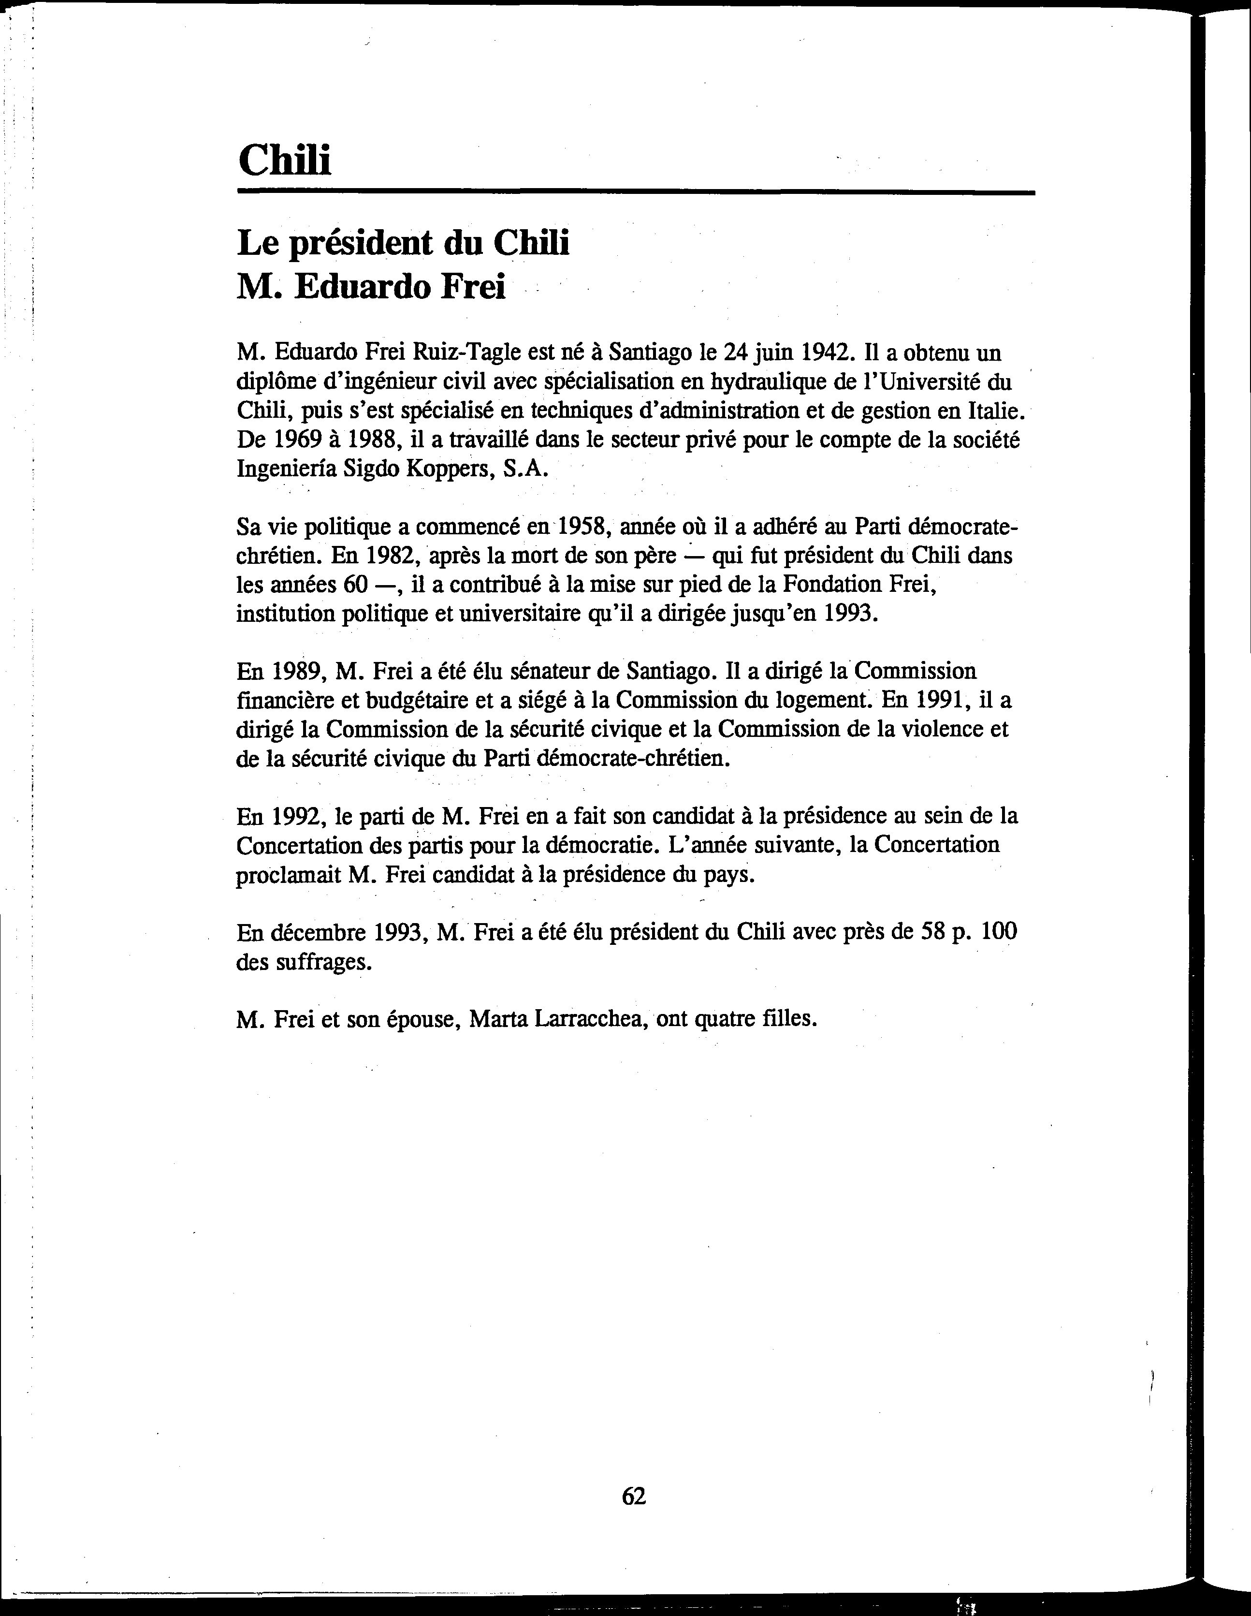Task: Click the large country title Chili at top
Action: click(285, 159)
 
